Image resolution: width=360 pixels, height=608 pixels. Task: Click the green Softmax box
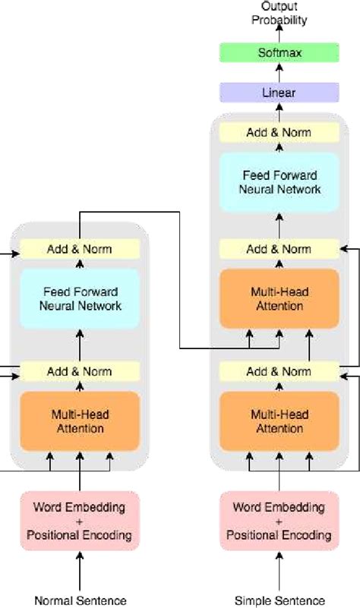point(278,53)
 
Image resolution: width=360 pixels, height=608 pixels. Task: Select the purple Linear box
point(278,93)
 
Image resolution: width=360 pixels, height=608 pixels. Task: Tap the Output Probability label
point(278,13)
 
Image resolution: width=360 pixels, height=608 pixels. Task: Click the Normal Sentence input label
point(80,600)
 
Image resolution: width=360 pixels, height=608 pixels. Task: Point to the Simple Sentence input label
point(279,600)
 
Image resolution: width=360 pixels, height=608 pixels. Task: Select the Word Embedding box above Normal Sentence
point(80,520)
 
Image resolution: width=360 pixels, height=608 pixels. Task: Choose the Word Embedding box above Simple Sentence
point(279,520)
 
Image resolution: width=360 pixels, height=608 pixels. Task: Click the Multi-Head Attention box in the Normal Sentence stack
point(80,421)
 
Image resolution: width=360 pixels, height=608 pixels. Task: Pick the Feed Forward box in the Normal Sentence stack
point(80,298)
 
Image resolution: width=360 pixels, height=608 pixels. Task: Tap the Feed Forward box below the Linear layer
point(278,181)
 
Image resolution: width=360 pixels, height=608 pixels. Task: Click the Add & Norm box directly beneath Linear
point(278,133)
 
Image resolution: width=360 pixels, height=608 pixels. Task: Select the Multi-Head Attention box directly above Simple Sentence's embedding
point(278,421)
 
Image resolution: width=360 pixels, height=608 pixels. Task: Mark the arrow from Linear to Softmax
point(278,73)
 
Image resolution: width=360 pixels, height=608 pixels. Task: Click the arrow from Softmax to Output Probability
point(278,34)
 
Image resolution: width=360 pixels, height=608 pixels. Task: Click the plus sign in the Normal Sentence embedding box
point(80,521)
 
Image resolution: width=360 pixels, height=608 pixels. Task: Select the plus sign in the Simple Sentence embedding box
point(279,521)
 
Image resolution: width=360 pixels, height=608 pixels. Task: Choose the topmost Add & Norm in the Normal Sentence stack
point(80,249)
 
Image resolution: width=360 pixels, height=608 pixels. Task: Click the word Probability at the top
point(278,20)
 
